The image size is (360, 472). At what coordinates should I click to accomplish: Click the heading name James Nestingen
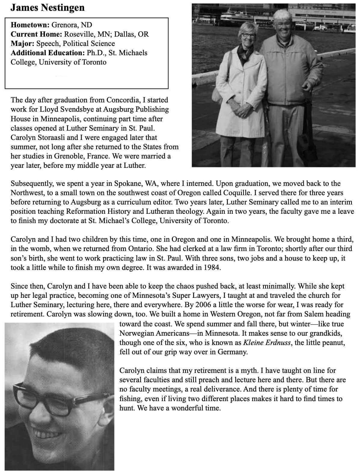pyautogui.click(x=47, y=8)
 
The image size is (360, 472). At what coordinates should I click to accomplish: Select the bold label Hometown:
pyautogui.click(x=30, y=25)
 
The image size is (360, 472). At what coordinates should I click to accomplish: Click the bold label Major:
pyautogui.click(x=23, y=43)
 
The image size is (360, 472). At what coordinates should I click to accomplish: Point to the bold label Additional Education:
pyautogui.click(x=48, y=53)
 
